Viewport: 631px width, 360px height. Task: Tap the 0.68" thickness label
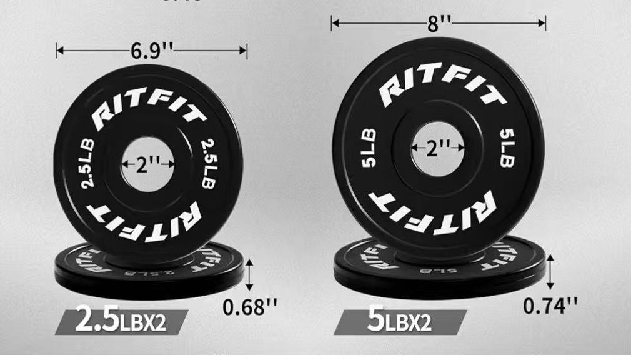pos(250,307)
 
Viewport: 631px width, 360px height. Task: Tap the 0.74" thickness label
pos(550,305)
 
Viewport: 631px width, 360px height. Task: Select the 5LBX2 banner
pos(400,321)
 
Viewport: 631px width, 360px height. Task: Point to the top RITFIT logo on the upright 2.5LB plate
pos(149,111)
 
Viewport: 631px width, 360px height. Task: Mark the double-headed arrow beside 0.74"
pos(550,269)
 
